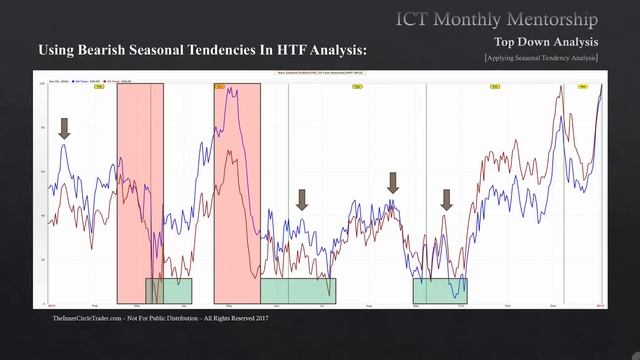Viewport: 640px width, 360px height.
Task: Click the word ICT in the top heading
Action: click(414, 19)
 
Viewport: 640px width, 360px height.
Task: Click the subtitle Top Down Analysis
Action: click(546, 42)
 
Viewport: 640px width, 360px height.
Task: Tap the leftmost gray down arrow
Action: click(65, 127)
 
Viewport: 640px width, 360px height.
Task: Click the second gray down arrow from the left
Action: click(302, 199)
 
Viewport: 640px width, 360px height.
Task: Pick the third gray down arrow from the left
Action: click(394, 182)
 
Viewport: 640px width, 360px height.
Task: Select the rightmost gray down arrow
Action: click(447, 199)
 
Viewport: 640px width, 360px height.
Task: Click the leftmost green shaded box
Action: click(169, 290)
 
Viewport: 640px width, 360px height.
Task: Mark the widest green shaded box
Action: click(298, 290)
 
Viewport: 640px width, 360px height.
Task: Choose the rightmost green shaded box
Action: click(440, 290)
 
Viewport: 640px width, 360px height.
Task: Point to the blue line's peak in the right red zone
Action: click(234, 90)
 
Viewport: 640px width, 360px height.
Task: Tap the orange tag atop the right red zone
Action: click(219, 87)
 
